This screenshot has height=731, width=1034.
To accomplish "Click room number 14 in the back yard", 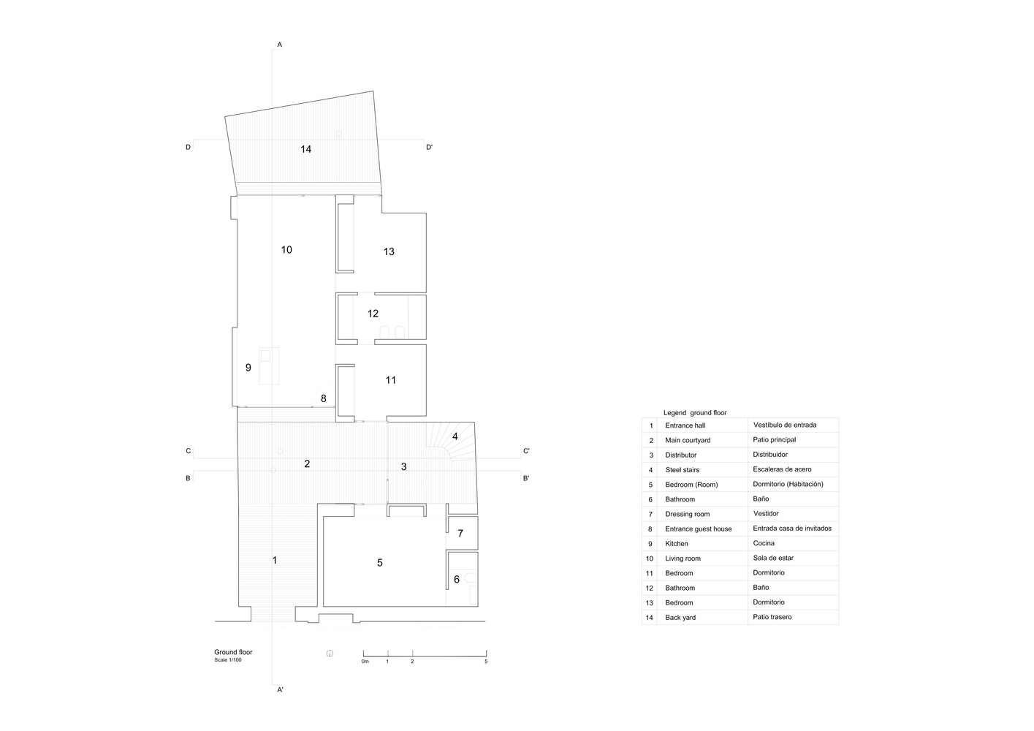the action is (306, 149).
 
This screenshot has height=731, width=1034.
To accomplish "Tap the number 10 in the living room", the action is (286, 250).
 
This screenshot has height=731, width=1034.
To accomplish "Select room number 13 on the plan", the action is (389, 251).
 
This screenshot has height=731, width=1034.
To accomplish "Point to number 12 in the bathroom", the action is (373, 314).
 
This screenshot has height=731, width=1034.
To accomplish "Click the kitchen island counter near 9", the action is (269, 365).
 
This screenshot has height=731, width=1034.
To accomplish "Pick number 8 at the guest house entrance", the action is (324, 398).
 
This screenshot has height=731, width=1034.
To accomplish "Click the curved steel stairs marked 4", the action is (450, 442).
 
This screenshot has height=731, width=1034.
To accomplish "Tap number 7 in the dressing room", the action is (460, 534).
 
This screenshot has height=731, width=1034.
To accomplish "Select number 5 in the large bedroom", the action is (380, 563).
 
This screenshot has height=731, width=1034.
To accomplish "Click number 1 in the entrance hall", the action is (275, 561).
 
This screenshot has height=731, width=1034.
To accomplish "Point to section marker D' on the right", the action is (429, 148).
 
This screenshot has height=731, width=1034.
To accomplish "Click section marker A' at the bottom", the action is (280, 690).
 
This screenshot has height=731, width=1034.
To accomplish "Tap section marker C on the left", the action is (189, 451).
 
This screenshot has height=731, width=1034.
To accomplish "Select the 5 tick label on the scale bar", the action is (486, 662).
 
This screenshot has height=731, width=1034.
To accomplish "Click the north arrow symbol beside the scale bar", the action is (330, 654).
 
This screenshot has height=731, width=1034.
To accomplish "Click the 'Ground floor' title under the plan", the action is (233, 652).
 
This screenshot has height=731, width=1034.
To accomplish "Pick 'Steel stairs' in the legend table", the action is (683, 470).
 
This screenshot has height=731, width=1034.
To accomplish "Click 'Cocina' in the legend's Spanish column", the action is (764, 543).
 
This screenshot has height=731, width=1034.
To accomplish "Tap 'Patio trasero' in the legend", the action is (772, 617).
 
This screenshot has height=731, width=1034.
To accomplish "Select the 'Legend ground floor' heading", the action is (695, 413).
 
